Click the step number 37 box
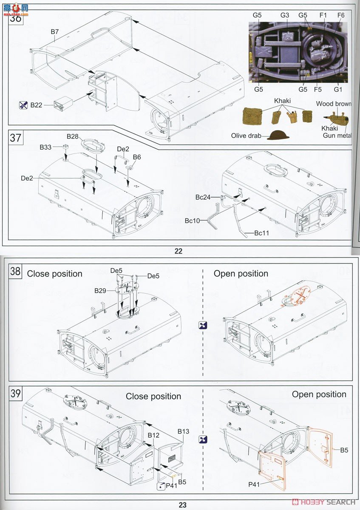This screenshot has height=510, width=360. coord(15,138)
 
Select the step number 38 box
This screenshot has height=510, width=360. coord(15,272)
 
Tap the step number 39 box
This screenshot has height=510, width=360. coord(15,394)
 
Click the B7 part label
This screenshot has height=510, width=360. coord(54,31)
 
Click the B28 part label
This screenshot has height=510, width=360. coord(73,136)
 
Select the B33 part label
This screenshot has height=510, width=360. coord(45,147)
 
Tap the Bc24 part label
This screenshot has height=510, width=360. coord(203,197)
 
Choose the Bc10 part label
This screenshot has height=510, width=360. coord(193,221)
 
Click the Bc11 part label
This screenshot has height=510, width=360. coord(262,233)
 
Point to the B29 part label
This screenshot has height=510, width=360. coord(101,290)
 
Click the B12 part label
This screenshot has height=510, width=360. coord(153,436)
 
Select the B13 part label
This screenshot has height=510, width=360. coord(183,431)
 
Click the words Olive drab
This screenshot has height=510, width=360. coord(247,136)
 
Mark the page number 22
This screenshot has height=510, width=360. coord(178,251)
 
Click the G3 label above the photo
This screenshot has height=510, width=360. coord(285,15)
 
